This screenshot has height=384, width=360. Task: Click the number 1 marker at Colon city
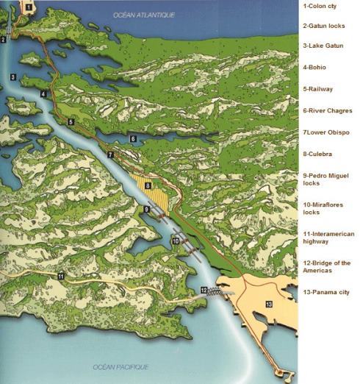pos(28,7)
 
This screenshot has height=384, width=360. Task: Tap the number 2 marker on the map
pos(4,40)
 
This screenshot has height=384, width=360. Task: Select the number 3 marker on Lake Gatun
pos(13,77)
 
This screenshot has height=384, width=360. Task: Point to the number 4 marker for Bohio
pos(43,94)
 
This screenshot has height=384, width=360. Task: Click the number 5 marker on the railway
pos(71,121)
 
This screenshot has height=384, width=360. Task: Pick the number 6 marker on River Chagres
pos(133,138)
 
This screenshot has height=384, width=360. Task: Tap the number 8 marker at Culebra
pos(148,186)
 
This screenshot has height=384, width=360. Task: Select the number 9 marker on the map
pos(147,210)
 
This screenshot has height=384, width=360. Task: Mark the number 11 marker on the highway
pos(61,276)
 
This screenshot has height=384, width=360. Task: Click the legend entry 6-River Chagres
pos(327,110)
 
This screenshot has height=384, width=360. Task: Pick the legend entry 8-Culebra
pos(317,154)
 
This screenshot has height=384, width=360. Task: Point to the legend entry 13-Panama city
pos(326,292)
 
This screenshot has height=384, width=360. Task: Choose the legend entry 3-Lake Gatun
pos(323,46)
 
